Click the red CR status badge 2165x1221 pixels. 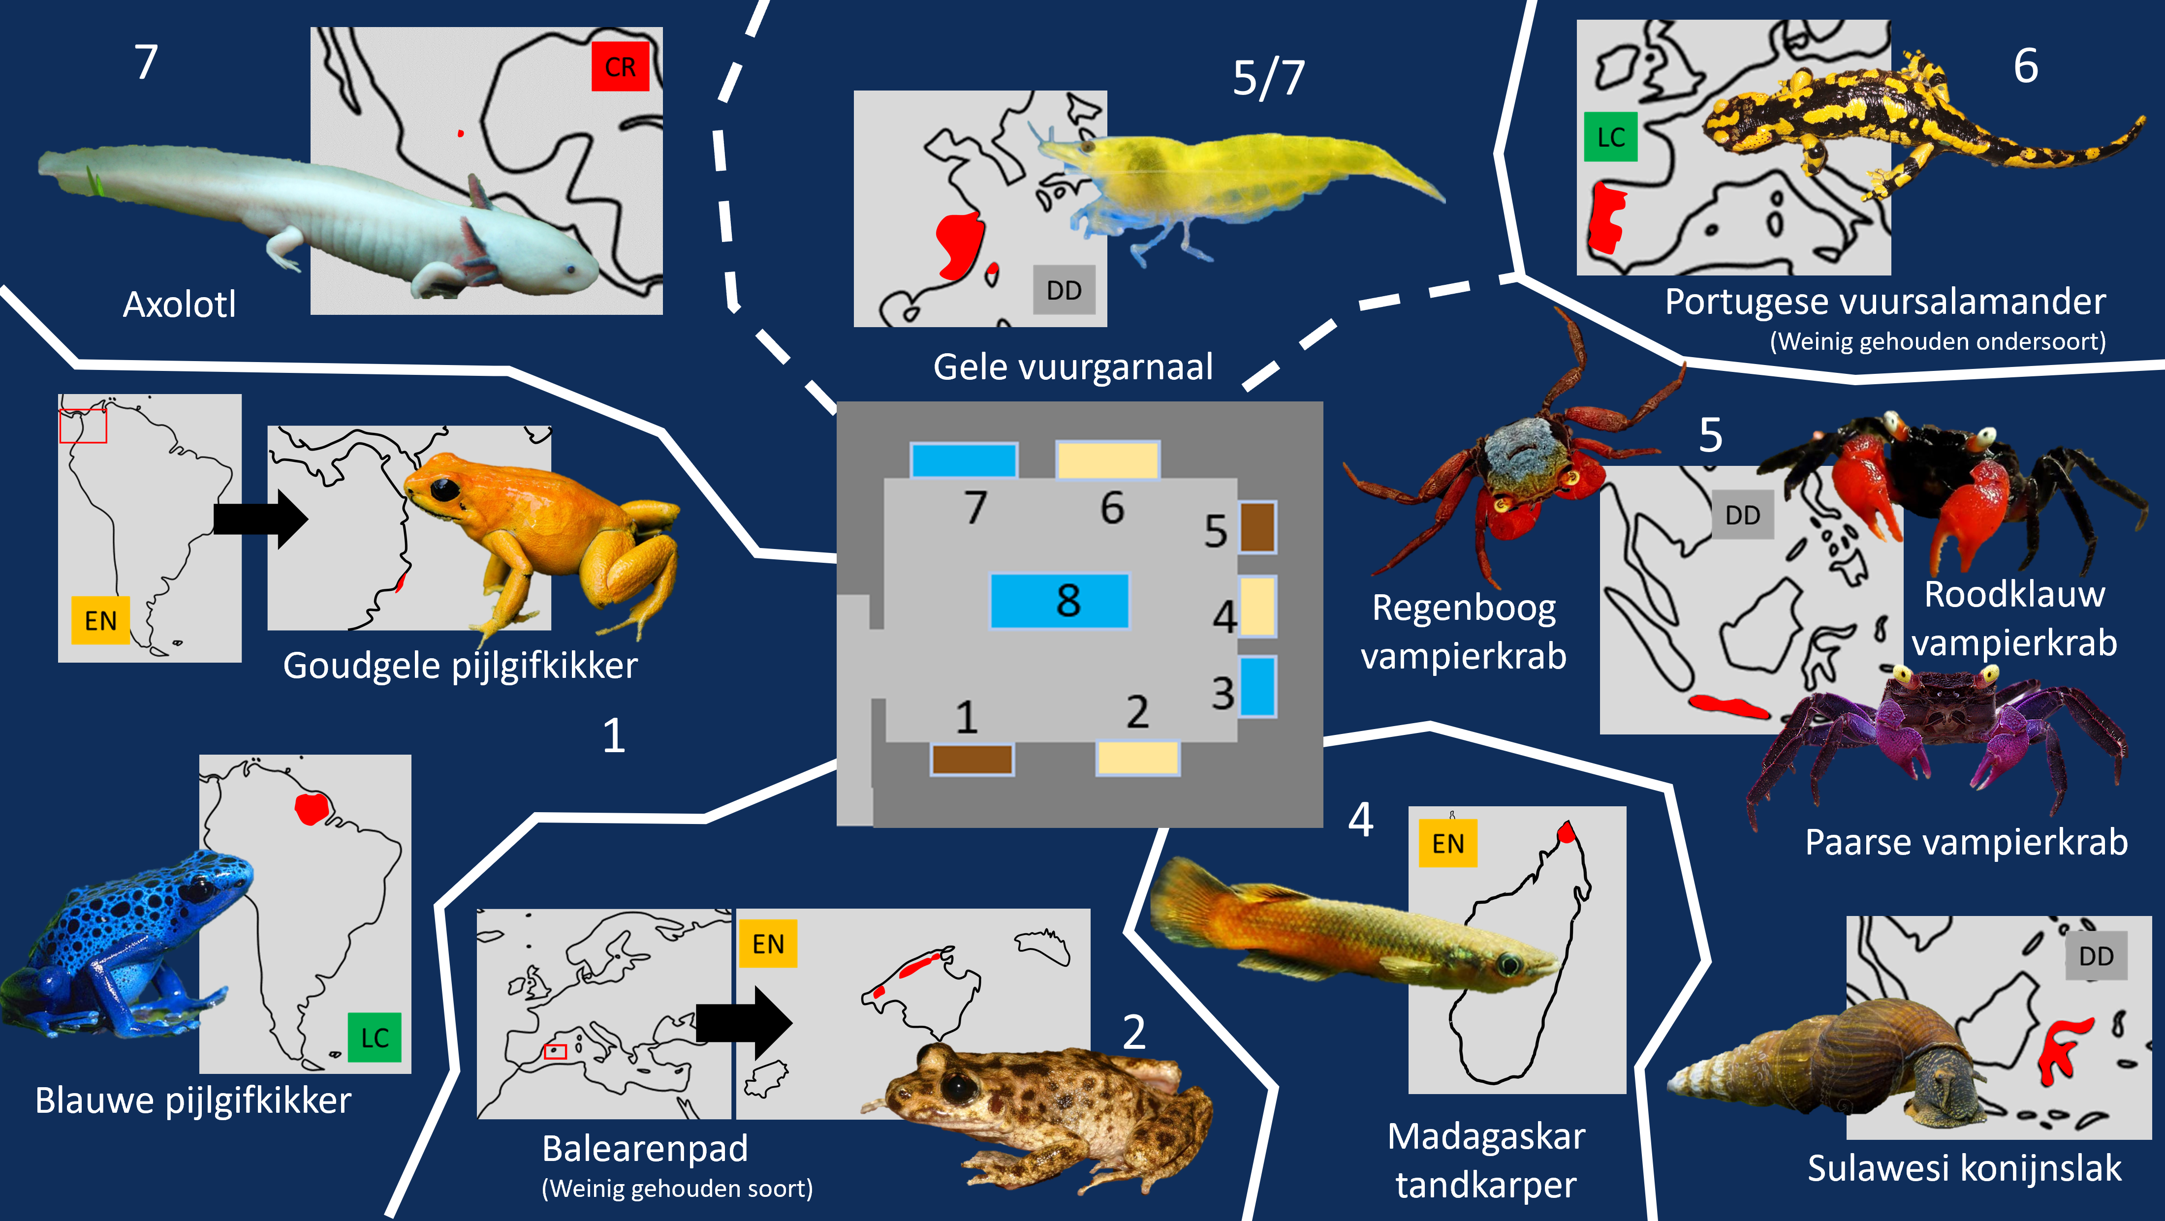coord(620,66)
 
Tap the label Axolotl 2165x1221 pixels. coord(179,304)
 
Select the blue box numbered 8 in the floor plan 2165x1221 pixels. coord(1060,601)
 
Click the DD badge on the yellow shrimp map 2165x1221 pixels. coord(1064,290)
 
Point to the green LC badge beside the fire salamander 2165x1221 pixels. coord(1610,137)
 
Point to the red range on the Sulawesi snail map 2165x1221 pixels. coord(2061,1050)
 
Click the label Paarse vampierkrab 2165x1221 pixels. coord(1967,842)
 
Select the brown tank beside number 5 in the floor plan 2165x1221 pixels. coord(1257,527)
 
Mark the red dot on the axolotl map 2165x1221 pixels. coord(461,133)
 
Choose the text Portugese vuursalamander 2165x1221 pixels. coord(1885,302)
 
